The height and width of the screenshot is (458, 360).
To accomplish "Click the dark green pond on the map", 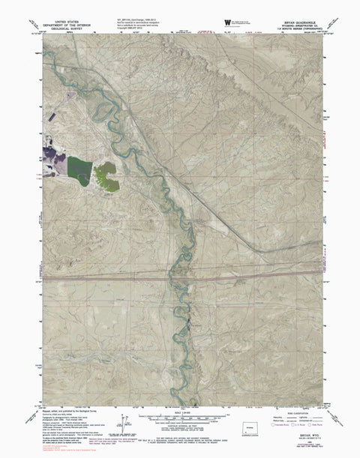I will (x=79, y=166).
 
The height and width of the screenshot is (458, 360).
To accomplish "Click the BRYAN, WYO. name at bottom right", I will (x=303, y=434).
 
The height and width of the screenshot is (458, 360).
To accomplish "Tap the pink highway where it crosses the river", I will (x=177, y=277).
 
